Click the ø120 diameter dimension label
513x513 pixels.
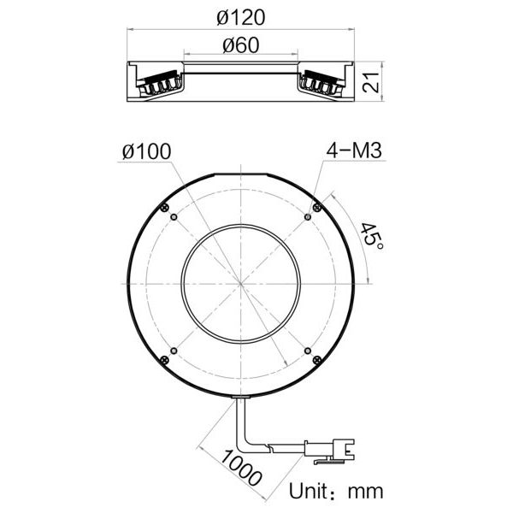pyautogui.click(x=241, y=17)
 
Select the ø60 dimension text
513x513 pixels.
pyautogui.click(x=241, y=45)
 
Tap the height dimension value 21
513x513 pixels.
pyautogui.click(x=372, y=82)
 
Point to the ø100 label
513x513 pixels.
pyautogui.click(x=146, y=151)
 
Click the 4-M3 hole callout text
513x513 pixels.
pyautogui.click(x=354, y=150)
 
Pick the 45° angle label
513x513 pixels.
pyautogui.click(x=372, y=235)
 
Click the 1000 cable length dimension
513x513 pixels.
pyautogui.click(x=241, y=468)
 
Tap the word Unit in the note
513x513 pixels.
pyautogui.click(x=308, y=491)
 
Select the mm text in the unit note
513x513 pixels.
pyautogui.click(x=365, y=492)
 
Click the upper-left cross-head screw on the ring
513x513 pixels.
pyautogui.click(x=165, y=207)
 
